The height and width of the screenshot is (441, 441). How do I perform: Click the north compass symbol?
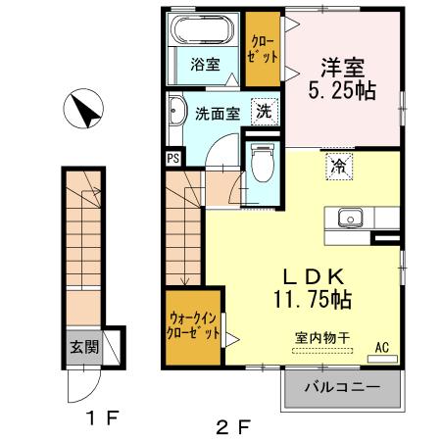point(83,109)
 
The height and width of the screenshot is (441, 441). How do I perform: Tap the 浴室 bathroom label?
point(205,66)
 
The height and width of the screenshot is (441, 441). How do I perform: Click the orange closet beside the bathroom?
point(262,48)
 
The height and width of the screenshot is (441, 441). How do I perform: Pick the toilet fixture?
point(262,163)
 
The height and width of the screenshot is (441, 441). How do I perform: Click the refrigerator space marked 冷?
point(336,166)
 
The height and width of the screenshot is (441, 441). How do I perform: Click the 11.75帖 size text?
point(314,295)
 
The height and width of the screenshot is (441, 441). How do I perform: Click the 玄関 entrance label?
point(82,346)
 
